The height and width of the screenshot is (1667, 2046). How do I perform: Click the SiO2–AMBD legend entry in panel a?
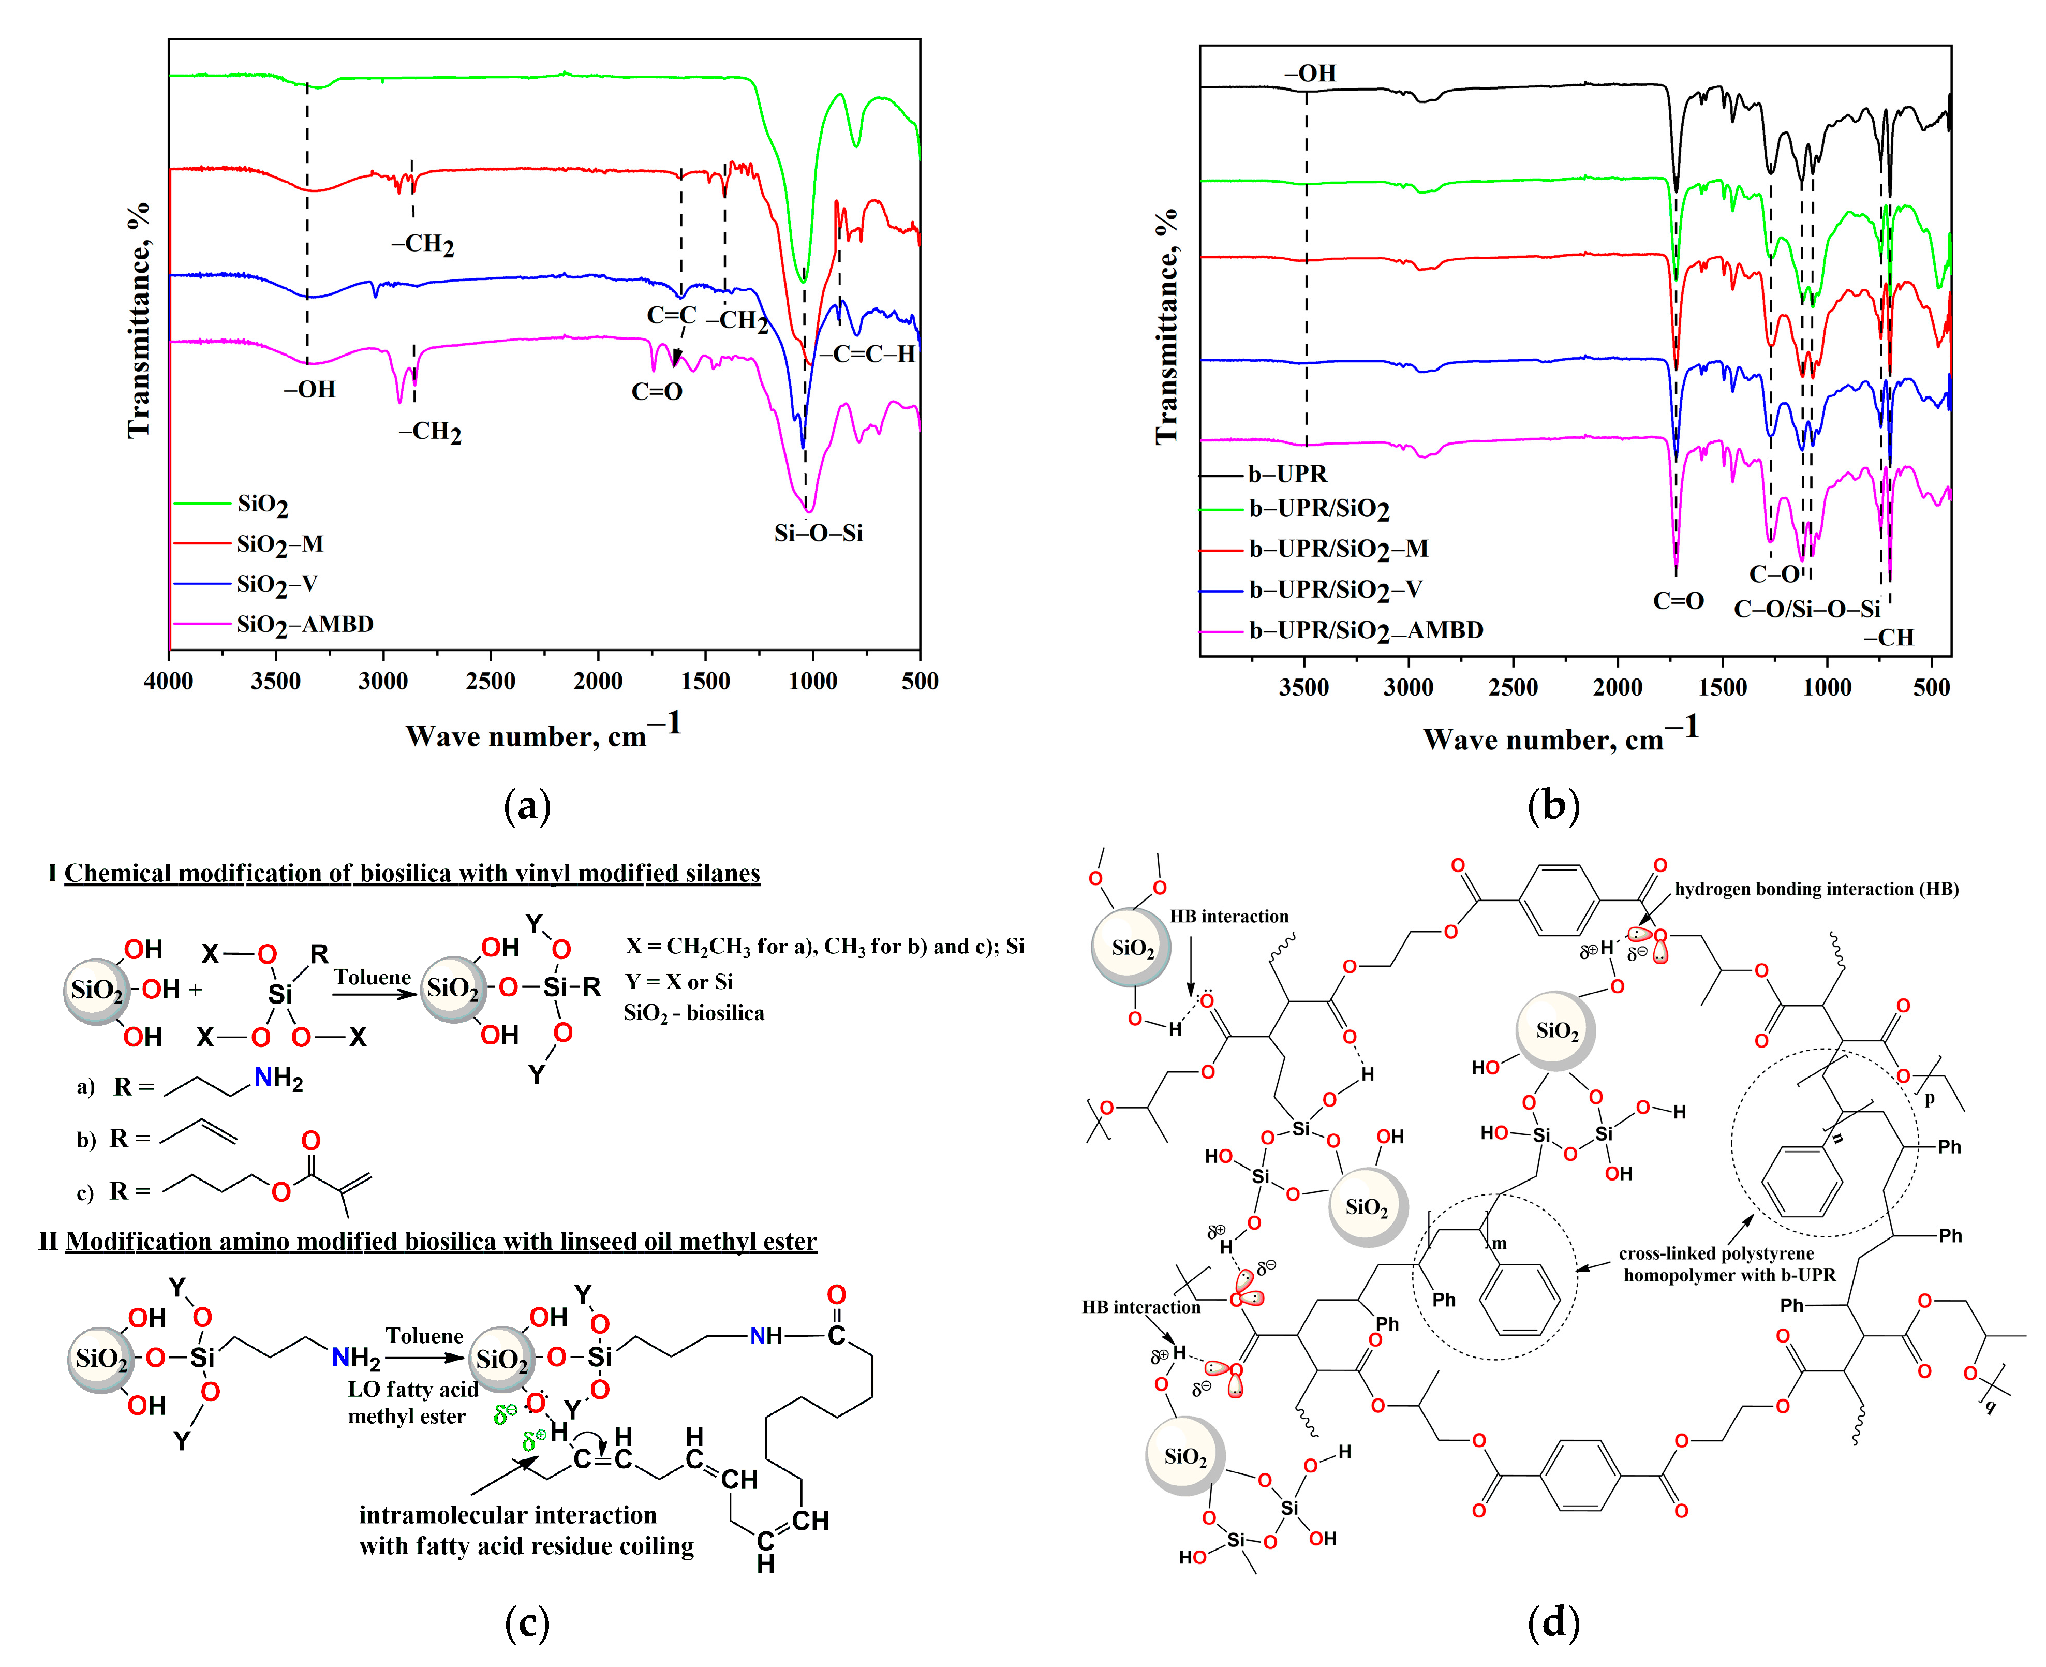pos(304,625)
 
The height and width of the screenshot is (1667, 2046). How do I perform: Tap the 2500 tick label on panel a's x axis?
pos(491,682)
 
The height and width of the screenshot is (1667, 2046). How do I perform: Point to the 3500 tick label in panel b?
pos(1304,687)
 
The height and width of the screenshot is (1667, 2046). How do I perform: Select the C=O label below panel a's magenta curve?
pos(657,392)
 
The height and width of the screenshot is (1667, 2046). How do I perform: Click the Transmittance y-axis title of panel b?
pos(1166,327)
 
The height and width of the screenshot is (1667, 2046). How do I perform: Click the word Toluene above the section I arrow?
pos(372,978)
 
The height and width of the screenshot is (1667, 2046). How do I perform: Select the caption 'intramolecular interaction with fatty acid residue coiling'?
pos(526,1530)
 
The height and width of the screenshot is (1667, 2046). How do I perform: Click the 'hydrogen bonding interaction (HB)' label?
pos(1816,889)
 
